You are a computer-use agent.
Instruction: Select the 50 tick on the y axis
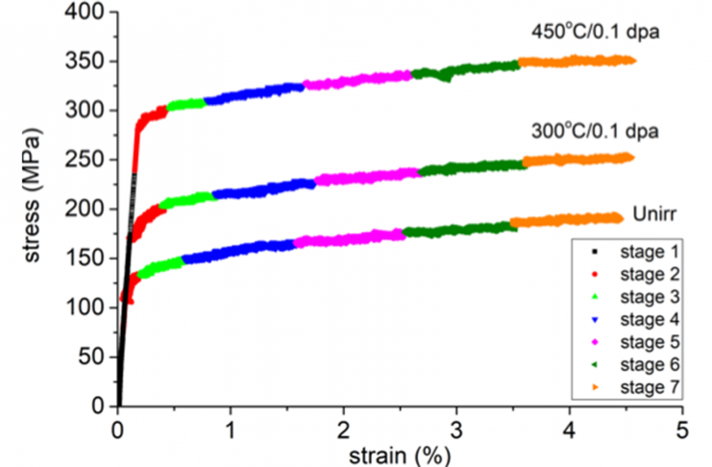92,357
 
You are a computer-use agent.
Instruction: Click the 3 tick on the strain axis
457,426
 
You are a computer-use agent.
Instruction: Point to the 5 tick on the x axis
683,426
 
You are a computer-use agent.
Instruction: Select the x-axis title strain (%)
400,451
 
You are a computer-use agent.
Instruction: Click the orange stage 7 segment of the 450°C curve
577,61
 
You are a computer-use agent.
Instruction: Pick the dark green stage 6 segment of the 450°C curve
466,70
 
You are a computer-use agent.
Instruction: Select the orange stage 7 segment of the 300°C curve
577,160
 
